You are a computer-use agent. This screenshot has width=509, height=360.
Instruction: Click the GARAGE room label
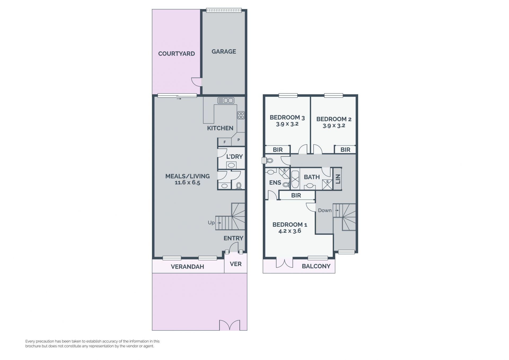click(x=224, y=51)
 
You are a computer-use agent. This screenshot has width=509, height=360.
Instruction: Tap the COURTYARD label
click(x=177, y=54)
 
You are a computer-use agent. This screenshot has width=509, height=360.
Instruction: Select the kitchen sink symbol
click(x=226, y=101)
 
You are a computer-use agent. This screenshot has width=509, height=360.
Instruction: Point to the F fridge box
click(x=225, y=142)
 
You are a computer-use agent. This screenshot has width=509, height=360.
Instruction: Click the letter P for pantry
click(x=239, y=140)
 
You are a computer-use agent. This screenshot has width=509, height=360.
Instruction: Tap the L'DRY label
click(x=235, y=157)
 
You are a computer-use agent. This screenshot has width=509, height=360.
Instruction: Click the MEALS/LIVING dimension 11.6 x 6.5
click(x=187, y=183)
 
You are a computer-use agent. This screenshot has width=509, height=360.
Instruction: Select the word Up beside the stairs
click(x=211, y=223)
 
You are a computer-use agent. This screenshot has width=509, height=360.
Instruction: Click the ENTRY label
click(x=233, y=238)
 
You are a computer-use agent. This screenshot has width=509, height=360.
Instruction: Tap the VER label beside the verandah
click(x=236, y=264)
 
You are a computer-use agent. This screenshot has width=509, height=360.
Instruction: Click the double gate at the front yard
click(x=230, y=325)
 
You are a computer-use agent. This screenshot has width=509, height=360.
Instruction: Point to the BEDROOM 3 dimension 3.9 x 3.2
click(x=287, y=124)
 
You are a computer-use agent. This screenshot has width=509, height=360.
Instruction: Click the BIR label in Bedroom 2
click(x=345, y=150)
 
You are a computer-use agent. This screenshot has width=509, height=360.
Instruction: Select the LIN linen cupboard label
click(x=338, y=179)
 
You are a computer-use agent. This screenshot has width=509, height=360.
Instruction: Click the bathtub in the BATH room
click(x=295, y=180)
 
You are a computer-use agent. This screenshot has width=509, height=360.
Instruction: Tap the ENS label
click(x=275, y=183)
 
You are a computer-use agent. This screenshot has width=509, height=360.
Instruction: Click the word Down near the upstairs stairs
click(x=325, y=210)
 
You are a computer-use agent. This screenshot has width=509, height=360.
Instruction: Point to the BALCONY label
click(x=316, y=266)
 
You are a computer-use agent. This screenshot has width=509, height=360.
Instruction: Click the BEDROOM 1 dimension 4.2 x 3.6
click(x=290, y=231)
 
